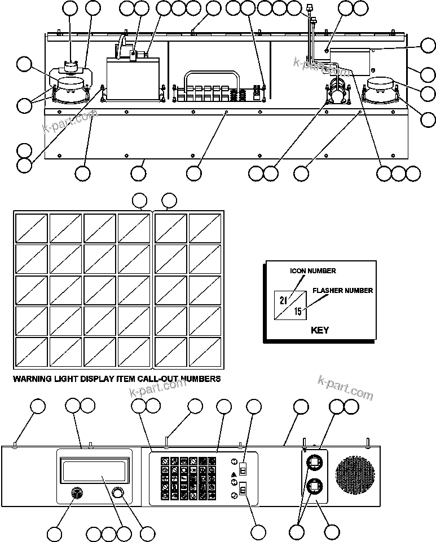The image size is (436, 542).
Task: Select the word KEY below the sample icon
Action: pos(319,330)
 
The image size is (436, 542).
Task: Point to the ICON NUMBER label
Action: pos(313,271)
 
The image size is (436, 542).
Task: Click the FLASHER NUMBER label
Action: pos(342,291)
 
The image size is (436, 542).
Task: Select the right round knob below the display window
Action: pos(118,493)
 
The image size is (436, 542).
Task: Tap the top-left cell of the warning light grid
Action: pos(32,228)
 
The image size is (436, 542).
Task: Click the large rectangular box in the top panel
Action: pos(134,79)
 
